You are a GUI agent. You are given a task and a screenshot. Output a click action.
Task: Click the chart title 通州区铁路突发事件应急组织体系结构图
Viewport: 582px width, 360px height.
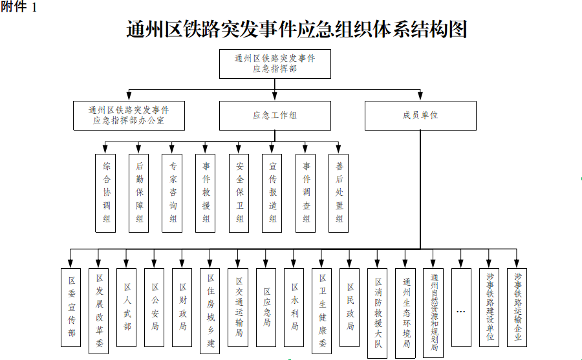[x=297, y=29]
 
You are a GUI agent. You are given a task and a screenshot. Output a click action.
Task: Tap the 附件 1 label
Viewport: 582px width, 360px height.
[x=19, y=6]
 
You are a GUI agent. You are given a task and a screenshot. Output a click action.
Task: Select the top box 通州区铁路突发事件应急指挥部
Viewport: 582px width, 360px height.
[x=275, y=64]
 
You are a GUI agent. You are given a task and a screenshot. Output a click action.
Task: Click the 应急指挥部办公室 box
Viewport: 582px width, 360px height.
[x=129, y=116]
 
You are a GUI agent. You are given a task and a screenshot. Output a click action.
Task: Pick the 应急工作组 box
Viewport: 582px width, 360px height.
[x=275, y=116]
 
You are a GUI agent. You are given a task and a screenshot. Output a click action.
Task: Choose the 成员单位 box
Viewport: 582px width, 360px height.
[x=420, y=116]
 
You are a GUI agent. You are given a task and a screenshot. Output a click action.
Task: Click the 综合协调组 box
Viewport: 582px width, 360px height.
[x=105, y=193]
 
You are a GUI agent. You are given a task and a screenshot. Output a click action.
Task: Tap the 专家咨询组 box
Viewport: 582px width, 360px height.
[x=172, y=193]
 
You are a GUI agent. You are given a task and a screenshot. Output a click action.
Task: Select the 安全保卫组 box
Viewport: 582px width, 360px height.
[x=239, y=193]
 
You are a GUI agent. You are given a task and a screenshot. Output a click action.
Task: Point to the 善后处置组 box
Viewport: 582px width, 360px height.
[x=338, y=193]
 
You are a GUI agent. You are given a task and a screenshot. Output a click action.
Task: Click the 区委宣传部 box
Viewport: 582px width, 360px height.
[x=70, y=308]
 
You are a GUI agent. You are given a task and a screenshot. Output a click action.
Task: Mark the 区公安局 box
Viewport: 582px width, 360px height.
[x=154, y=308]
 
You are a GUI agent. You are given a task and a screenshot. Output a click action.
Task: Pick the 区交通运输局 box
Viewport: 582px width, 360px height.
[x=238, y=308]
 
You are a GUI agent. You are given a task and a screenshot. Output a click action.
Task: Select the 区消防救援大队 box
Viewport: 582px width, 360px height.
[x=377, y=313]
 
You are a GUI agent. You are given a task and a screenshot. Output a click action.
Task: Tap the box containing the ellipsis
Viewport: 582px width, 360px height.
[x=461, y=308]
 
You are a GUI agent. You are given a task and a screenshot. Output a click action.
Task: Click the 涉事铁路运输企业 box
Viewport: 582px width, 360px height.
[x=517, y=308]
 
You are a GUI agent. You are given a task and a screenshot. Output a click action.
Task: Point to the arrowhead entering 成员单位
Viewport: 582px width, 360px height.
[x=420, y=96]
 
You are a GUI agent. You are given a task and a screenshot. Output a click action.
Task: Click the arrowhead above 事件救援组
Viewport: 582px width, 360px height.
[x=205, y=149]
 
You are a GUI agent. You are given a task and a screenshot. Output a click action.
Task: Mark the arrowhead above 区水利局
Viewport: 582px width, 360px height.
[x=294, y=264]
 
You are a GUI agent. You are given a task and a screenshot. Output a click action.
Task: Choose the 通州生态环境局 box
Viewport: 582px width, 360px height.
[x=405, y=313]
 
